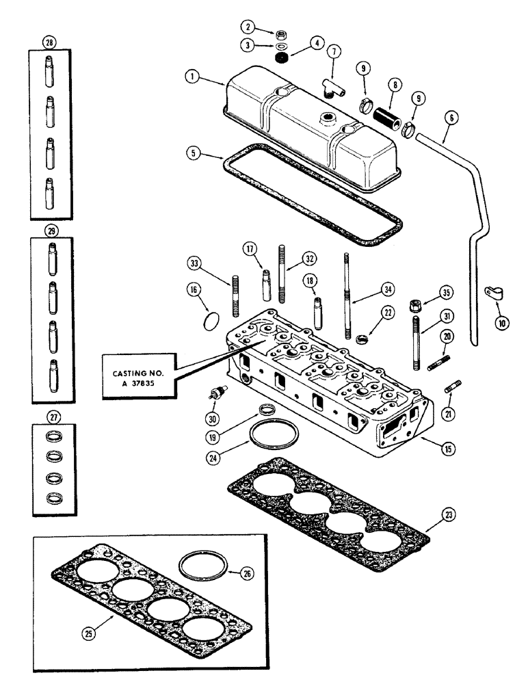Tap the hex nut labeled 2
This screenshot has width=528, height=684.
280,35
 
